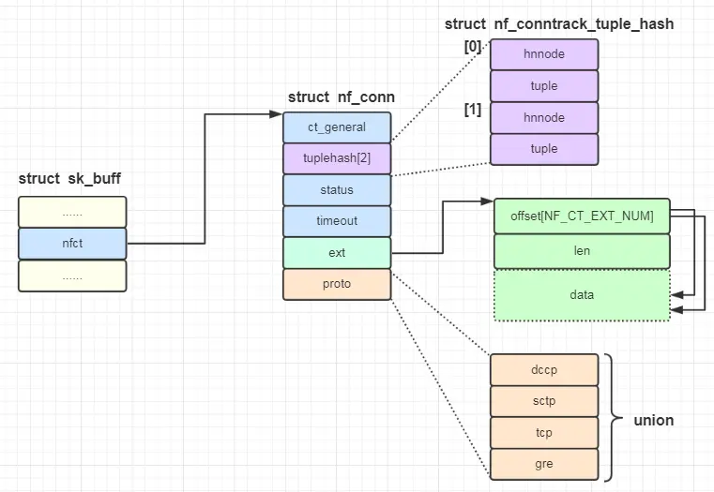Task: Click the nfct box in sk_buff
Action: (72, 244)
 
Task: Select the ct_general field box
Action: (337, 127)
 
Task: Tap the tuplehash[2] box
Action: (337, 158)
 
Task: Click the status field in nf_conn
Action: (337, 189)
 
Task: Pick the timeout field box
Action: (337, 221)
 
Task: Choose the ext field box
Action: (337, 252)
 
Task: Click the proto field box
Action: (337, 284)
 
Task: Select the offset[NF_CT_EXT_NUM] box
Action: (582, 216)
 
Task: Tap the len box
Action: (582, 251)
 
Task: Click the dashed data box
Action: (582, 295)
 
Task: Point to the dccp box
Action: (543, 369)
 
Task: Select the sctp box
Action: (543, 401)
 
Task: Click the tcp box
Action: (543, 433)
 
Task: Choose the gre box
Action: (543, 464)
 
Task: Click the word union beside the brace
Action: (654, 421)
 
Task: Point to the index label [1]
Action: (472, 110)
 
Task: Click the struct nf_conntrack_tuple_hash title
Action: (558, 23)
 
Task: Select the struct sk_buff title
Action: (69, 179)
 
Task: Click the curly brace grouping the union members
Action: (613, 417)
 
